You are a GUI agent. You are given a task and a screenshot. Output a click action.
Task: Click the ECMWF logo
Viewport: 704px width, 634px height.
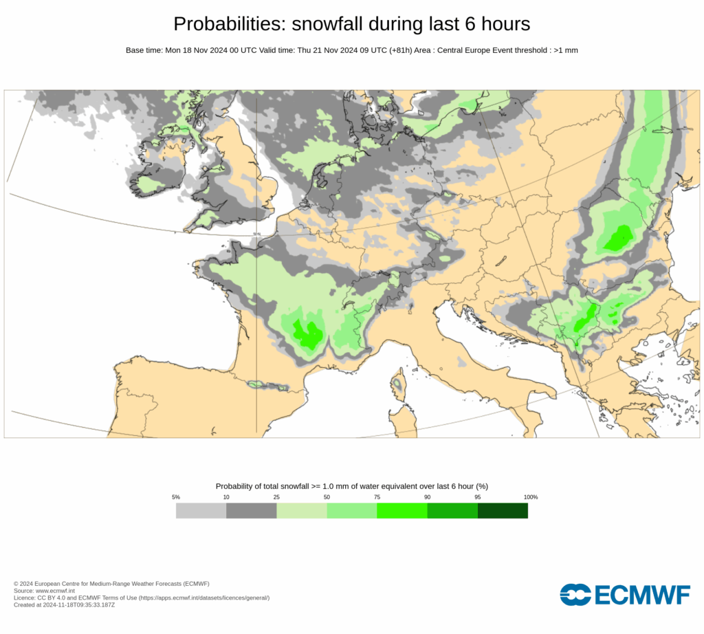pyautogui.click(x=624, y=594)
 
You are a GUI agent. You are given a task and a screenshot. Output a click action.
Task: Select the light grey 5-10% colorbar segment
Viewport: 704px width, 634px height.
pyautogui.click(x=201, y=511)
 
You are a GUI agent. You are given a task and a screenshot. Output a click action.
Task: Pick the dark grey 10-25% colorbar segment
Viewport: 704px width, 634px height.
pyautogui.click(x=251, y=511)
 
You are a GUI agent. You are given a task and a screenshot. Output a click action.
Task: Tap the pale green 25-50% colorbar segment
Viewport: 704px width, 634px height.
pyautogui.click(x=301, y=511)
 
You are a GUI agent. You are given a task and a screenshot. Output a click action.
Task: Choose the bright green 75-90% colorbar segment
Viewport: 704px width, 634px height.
pyautogui.click(x=401, y=511)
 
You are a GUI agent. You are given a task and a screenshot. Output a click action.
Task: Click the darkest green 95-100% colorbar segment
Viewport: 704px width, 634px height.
pyautogui.click(x=503, y=511)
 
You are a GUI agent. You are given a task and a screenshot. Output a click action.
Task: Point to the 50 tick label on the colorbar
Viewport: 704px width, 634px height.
pyautogui.click(x=327, y=497)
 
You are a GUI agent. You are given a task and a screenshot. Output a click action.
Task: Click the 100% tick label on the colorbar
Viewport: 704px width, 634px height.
pyautogui.click(x=530, y=497)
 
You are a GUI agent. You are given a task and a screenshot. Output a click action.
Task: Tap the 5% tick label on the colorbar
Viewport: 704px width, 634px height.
pyautogui.click(x=176, y=497)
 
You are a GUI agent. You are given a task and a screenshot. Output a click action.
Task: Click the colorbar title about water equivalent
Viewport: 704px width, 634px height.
pyautogui.click(x=351, y=486)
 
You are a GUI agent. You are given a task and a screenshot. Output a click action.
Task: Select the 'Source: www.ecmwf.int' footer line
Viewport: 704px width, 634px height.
pyautogui.click(x=44, y=591)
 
